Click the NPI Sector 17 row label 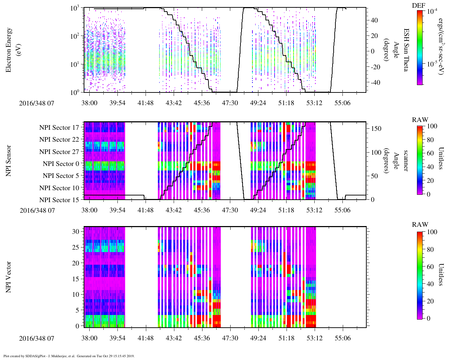[x=59, y=128]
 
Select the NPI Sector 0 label [x=61, y=164]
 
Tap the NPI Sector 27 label [x=59, y=152]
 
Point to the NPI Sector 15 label [x=59, y=200]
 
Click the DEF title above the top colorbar [x=418, y=5]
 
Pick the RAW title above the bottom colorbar [x=420, y=225]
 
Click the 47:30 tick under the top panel [x=230, y=102]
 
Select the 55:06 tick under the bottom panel [x=342, y=338]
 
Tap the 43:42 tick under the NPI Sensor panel [x=174, y=210]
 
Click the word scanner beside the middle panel [x=406, y=161]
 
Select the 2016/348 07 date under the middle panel [x=37, y=210]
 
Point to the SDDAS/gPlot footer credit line [x=69, y=356]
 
